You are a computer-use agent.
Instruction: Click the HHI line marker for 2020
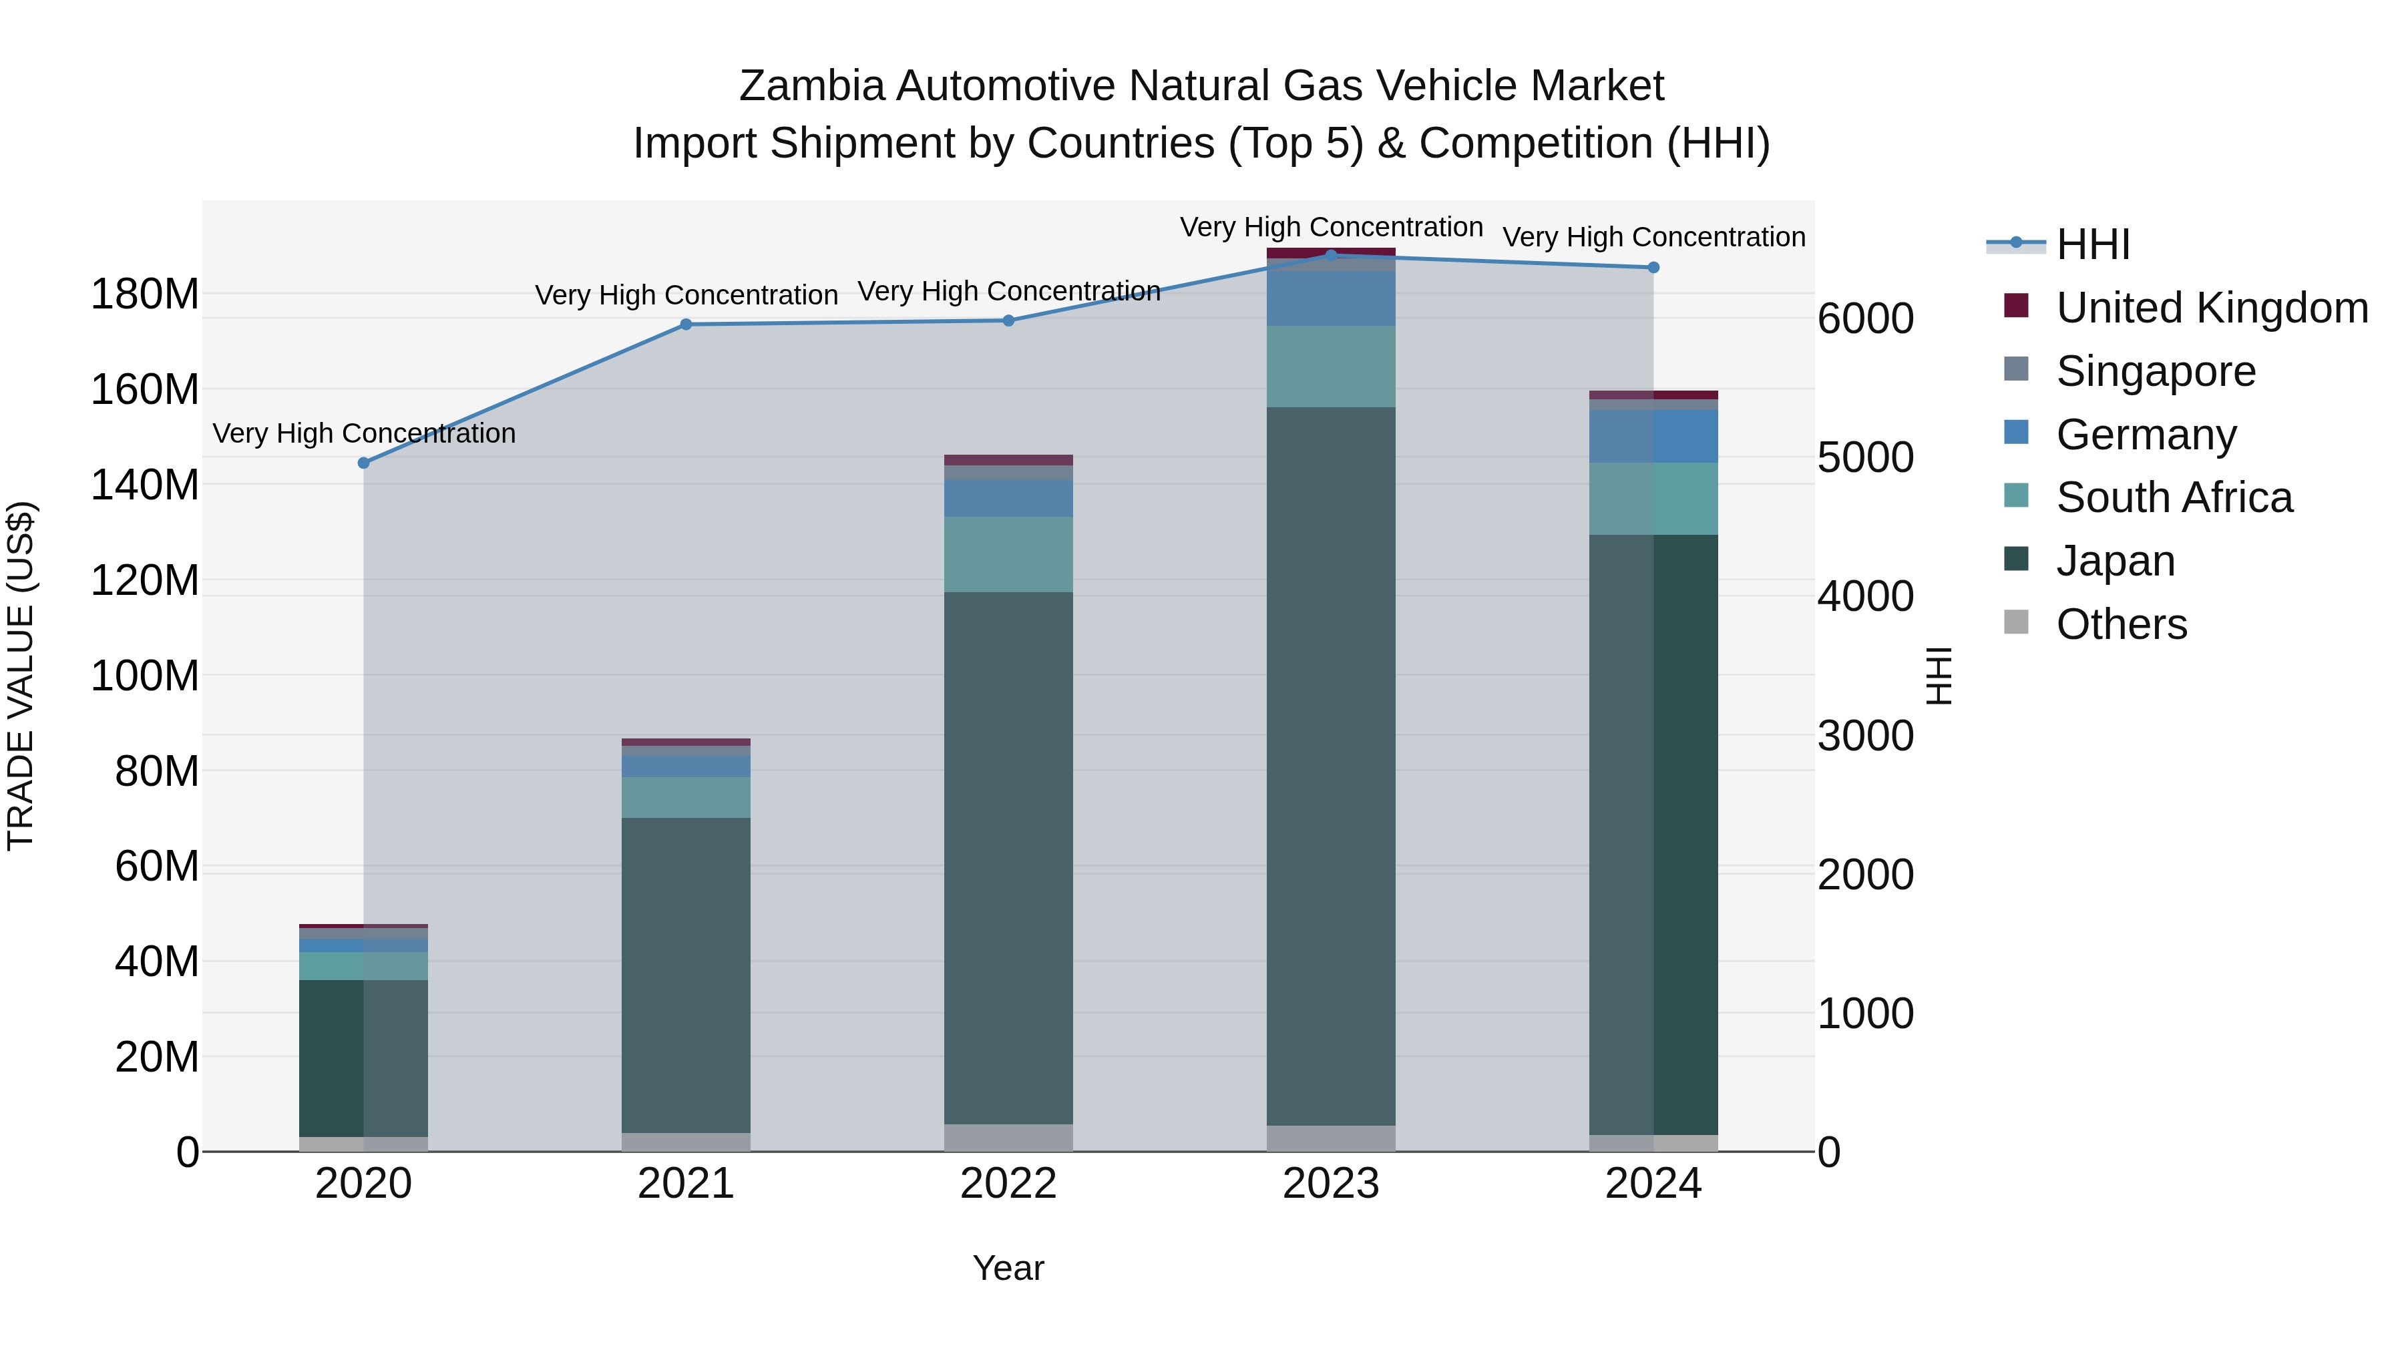pyautogui.click(x=364, y=463)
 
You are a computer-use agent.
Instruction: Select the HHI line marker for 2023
pyautogui.click(x=1331, y=255)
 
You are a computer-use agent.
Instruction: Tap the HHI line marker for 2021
pyautogui.click(x=686, y=324)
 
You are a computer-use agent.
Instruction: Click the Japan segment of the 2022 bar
pyautogui.click(x=1009, y=859)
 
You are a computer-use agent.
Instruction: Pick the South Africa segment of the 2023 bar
pyautogui.click(x=1331, y=367)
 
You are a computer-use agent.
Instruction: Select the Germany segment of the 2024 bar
pyautogui.click(x=1653, y=437)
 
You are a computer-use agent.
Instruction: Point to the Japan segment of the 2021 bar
pyautogui.click(x=686, y=975)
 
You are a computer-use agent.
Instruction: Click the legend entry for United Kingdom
pyautogui.click(x=2211, y=308)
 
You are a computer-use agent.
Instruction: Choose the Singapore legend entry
pyautogui.click(x=2155, y=371)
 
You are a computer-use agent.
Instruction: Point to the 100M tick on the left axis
pyautogui.click(x=145, y=676)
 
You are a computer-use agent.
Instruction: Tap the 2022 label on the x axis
pyautogui.click(x=1009, y=1184)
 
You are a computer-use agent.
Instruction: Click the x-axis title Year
pyautogui.click(x=1009, y=1268)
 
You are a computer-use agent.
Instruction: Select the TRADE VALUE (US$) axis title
pyautogui.click(x=21, y=676)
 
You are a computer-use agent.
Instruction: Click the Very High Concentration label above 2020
pyautogui.click(x=364, y=434)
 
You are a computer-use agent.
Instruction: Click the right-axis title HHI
pyautogui.click(x=1939, y=676)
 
